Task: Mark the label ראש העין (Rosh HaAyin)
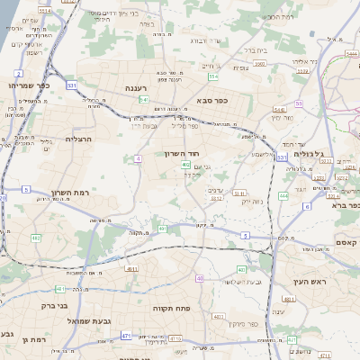307,282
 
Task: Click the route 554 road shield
214,78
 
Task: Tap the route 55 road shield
298,103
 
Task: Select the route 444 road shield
283,195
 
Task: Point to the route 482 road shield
185,165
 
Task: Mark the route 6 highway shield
306,206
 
